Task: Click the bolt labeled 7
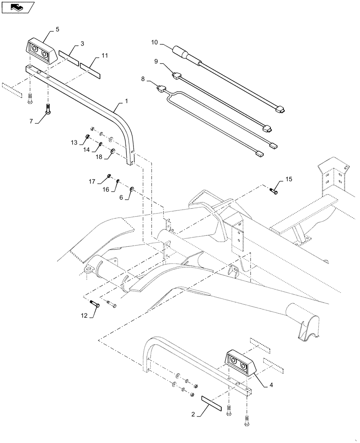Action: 48,108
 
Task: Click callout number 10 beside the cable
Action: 154,43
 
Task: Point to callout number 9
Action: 156,62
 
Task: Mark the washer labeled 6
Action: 132,190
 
